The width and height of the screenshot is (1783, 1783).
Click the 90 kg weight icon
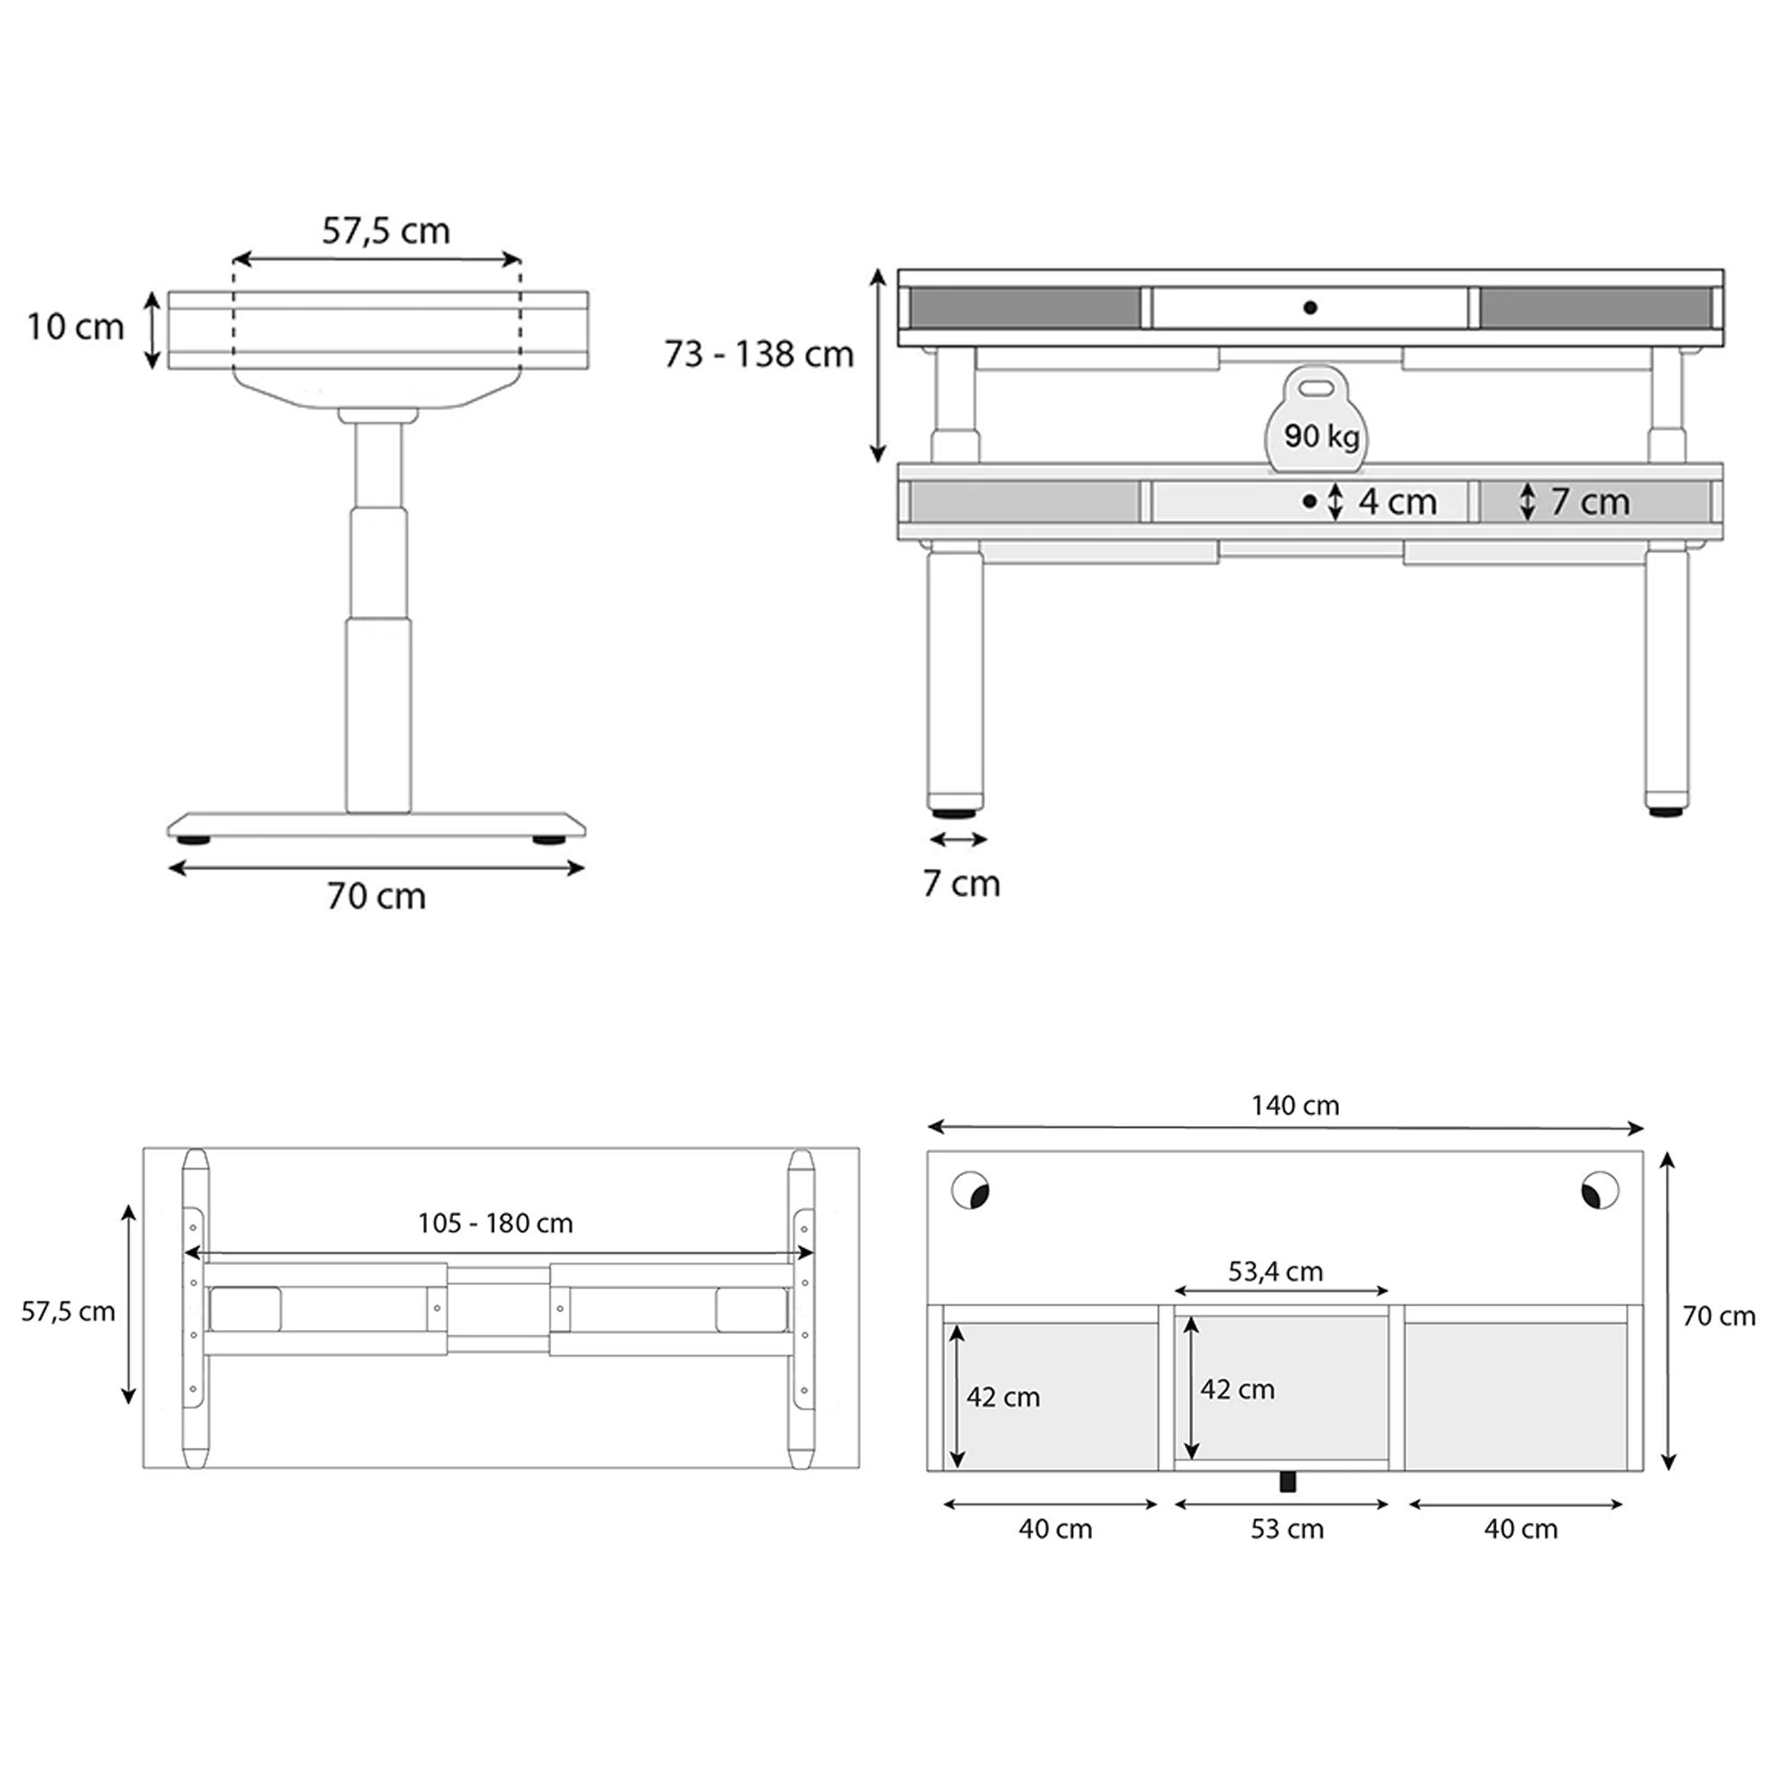coord(1317,420)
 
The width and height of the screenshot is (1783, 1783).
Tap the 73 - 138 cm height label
coord(759,355)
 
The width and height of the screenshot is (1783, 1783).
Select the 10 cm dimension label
coord(75,326)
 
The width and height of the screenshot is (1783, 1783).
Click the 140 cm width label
coord(1294,1105)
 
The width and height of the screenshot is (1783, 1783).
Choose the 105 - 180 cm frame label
coord(495,1223)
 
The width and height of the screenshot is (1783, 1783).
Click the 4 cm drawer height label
coord(1397,502)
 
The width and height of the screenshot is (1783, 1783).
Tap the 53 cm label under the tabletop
coord(1286,1529)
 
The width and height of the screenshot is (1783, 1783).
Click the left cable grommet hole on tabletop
coord(971,1189)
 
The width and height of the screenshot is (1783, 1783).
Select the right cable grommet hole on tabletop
coord(1599,1189)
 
